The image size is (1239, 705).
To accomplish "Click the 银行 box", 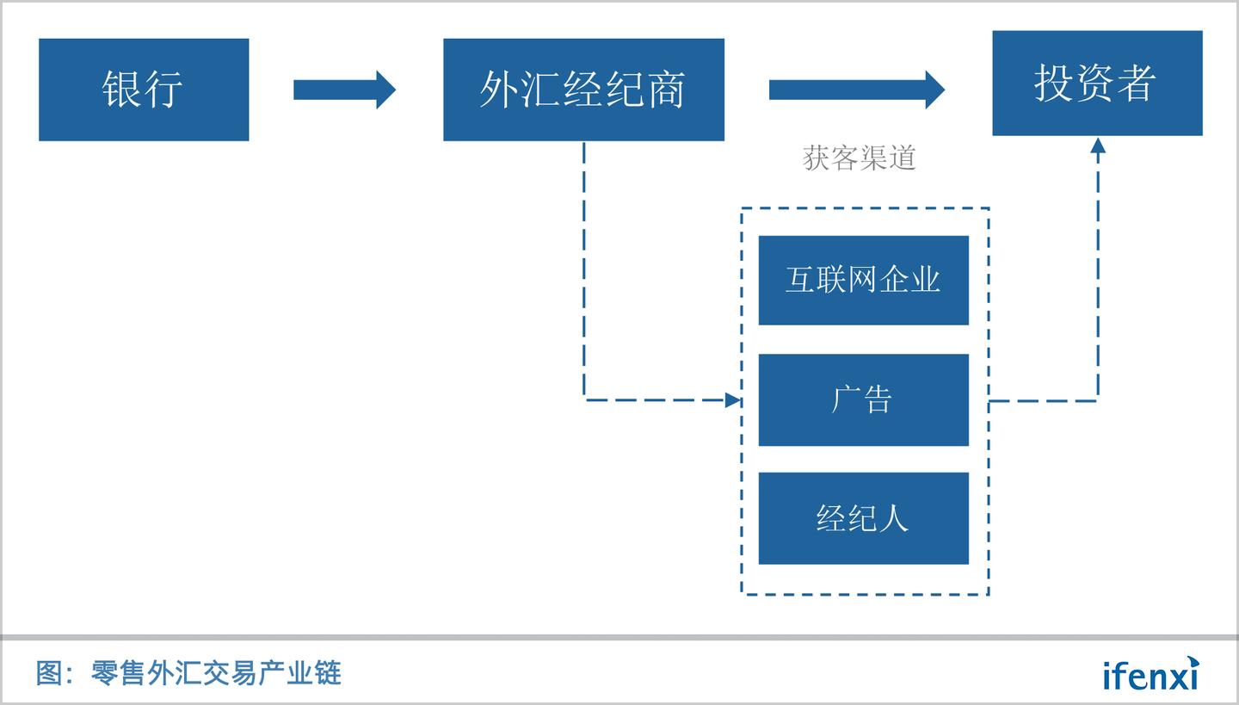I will tap(144, 90).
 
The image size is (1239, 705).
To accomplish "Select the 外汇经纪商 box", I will tap(583, 90).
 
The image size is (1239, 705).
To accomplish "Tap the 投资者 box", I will tap(1097, 83).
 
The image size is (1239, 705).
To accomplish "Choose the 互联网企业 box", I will tap(863, 281).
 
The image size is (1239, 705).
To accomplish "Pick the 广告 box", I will tap(863, 399).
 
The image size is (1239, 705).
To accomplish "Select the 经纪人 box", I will tap(863, 518).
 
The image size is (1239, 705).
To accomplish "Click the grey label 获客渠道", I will tap(859, 158).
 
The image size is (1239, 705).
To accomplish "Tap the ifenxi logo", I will tap(1150, 674).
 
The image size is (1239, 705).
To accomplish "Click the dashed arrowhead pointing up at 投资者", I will tap(1097, 146).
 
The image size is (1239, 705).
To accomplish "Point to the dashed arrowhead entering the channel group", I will tap(732, 399).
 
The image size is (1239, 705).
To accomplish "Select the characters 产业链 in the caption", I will tap(314, 672).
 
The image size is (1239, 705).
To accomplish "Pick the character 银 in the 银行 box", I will tap(122, 90).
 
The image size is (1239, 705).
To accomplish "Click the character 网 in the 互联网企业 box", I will tap(863, 281).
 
